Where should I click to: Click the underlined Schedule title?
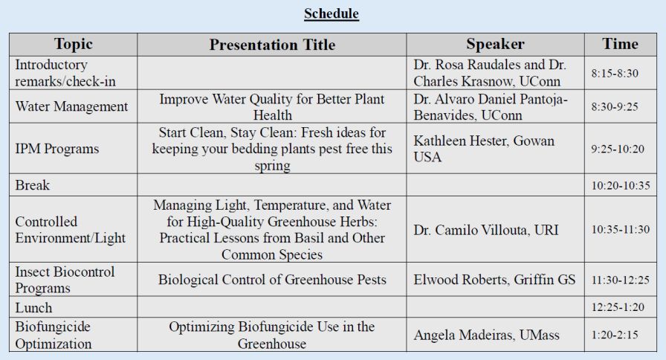[x=332, y=14]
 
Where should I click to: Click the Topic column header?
[x=73, y=44]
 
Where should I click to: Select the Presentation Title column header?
[x=272, y=45]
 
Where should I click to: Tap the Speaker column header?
[x=495, y=44]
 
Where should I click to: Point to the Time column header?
[x=620, y=44]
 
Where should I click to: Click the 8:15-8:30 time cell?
[x=615, y=74]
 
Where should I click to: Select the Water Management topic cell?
[x=71, y=106]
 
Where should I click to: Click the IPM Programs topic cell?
[x=56, y=149]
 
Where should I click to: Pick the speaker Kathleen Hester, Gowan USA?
[x=484, y=149]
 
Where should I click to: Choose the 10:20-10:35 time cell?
[x=620, y=186]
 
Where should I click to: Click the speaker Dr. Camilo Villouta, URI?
[x=491, y=230]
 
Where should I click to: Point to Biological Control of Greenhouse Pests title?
[x=272, y=280]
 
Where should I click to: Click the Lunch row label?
[x=33, y=307]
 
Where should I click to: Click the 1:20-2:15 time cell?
[x=615, y=336]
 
